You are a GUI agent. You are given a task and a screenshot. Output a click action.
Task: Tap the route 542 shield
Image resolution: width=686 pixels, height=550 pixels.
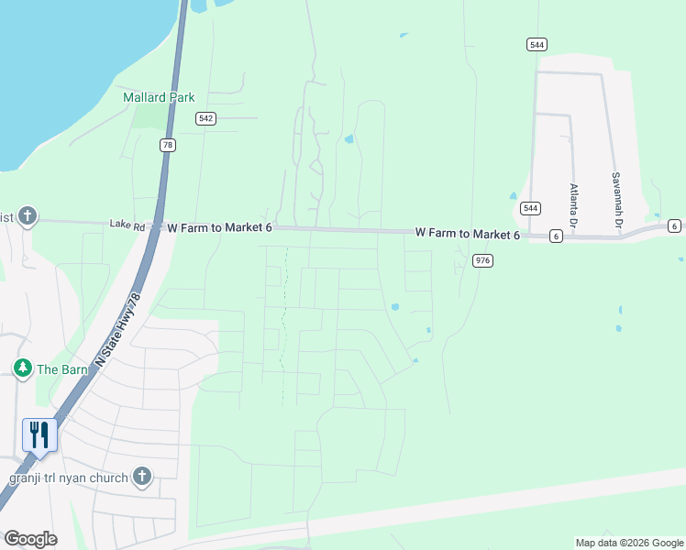click(x=205, y=118)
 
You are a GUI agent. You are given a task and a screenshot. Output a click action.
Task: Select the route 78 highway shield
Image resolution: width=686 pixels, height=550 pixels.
click(x=167, y=145)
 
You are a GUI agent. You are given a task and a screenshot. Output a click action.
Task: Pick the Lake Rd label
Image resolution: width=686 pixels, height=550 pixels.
click(x=127, y=224)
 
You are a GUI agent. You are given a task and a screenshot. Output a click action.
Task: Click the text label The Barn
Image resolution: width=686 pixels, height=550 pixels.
click(x=61, y=369)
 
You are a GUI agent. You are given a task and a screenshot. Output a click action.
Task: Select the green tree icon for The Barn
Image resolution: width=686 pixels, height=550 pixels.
click(x=23, y=368)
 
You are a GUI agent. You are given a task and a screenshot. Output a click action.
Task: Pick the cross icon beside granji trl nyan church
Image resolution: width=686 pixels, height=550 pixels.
click(x=141, y=476)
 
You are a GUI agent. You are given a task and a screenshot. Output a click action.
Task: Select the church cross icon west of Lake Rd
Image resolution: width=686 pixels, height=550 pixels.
click(x=28, y=216)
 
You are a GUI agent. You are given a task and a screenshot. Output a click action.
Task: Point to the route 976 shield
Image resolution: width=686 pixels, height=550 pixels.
click(x=483, y=261)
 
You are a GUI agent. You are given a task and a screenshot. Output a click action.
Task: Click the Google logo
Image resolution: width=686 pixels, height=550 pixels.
click(x=30, y=539)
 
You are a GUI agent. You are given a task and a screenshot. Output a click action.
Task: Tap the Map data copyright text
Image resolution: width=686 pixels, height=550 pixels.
click(x=629, y=543)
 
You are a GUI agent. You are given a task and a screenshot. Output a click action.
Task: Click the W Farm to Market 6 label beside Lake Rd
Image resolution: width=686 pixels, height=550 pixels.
click(x=217, y=226)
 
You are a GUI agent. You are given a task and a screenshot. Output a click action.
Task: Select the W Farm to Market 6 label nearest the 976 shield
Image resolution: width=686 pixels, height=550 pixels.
click(x=467, y=235)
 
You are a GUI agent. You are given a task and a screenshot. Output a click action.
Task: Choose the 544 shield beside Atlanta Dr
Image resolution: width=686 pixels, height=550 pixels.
click(x=529, y=208)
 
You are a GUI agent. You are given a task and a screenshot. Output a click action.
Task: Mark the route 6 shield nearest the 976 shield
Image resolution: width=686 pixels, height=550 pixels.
click(x=556, y=236)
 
